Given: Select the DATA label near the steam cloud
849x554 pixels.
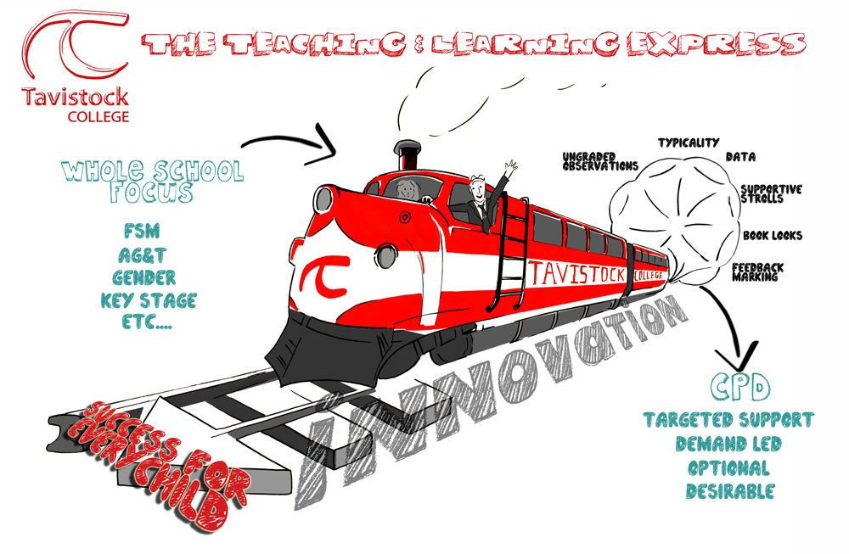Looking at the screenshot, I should tap(740, 157).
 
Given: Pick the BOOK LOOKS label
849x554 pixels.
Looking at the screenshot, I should tap(772, 235).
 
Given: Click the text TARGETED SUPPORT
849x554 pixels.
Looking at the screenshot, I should tap(728, 420).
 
